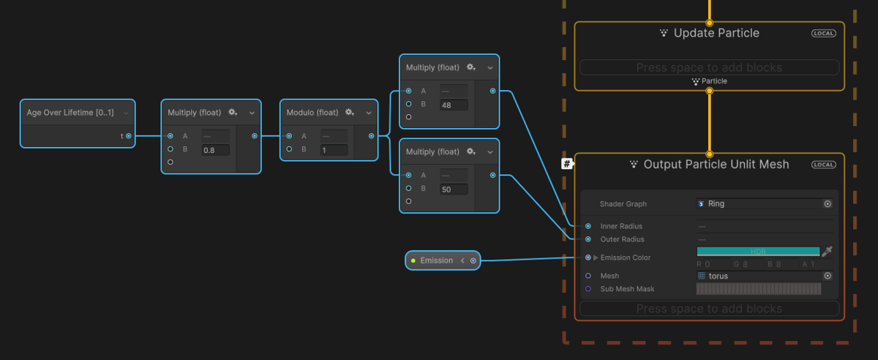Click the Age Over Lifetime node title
[70, 113]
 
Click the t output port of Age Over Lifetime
[129, 136]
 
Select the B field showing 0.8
[216, 150]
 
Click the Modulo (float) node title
[312, 113]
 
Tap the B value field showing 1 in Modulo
[334, 150]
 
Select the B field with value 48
[454, 105]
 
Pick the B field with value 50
[454, 190]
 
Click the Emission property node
[437, 260]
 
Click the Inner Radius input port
[588, 226]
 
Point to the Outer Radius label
[622, 239]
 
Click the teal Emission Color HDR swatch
[758, 251]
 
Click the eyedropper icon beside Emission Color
[828, 252]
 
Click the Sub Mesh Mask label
[627, 289]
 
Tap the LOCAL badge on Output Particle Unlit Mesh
[823, 165]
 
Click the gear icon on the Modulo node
[350, 112]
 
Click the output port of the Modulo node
[372, 136]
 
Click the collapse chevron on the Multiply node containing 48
[489, 67]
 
